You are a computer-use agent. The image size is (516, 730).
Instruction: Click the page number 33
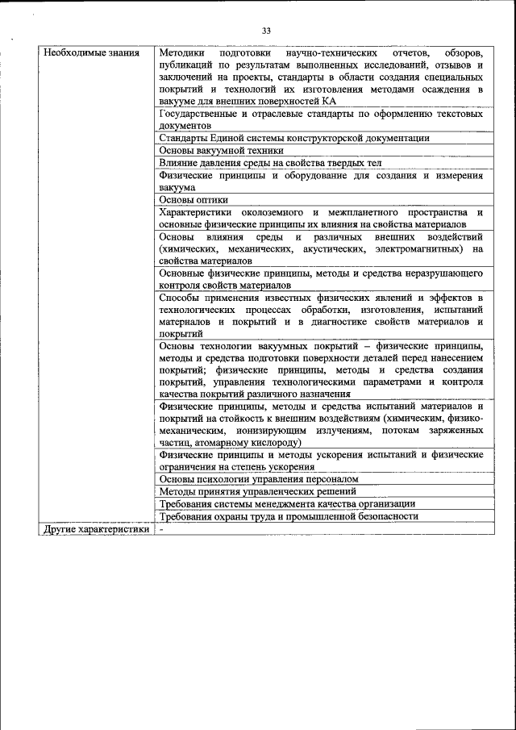coord(266,31)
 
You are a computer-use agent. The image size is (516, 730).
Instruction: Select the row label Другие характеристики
coord(96,529)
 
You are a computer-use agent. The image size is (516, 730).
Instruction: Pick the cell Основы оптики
coord(193,199)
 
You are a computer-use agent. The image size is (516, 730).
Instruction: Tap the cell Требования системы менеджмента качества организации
coord(287,503)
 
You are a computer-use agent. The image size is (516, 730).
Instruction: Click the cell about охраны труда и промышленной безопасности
coord(289,516)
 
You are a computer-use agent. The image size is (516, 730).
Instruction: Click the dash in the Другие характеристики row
coord(162,529)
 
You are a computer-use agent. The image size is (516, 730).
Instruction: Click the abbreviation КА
coord(328,102)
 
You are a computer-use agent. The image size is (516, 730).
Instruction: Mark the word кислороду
coord(275,443)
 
